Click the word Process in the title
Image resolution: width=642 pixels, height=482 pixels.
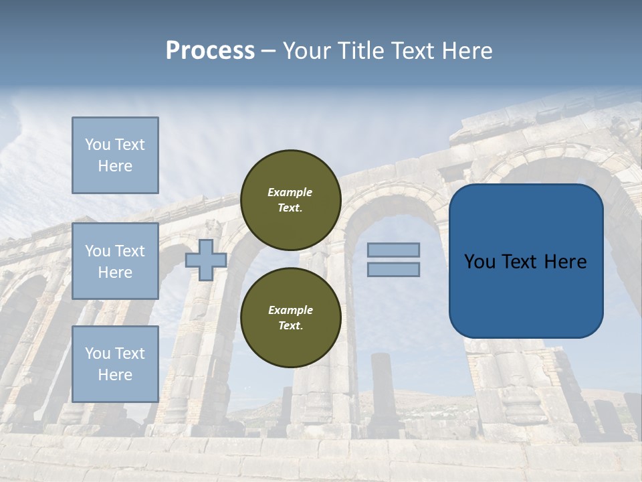(x=210, y=51)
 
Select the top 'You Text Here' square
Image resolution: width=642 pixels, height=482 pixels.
(x=115, y=155)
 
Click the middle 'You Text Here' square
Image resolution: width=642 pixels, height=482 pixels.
(x=115, y=261)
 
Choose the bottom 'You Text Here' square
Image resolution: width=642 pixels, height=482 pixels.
(x=115, y=364)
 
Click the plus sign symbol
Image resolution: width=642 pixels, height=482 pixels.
(x=206, y=260)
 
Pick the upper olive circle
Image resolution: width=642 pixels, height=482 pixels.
(x=290, y=200)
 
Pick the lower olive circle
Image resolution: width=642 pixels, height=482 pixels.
(x=290, y=318)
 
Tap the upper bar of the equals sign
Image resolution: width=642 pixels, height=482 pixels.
(x=393, y=250)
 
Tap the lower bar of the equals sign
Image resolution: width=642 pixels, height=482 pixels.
(x=393, y=269)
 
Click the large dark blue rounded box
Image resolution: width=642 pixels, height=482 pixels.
(x=526, y=261)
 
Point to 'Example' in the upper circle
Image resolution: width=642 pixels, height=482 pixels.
(x=290, y=192)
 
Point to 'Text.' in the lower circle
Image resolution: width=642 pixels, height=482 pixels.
(x=290, y=326)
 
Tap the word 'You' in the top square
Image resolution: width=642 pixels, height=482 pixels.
(x=97, y=145)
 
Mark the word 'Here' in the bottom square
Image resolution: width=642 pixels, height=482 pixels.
(x=115, y=375)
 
